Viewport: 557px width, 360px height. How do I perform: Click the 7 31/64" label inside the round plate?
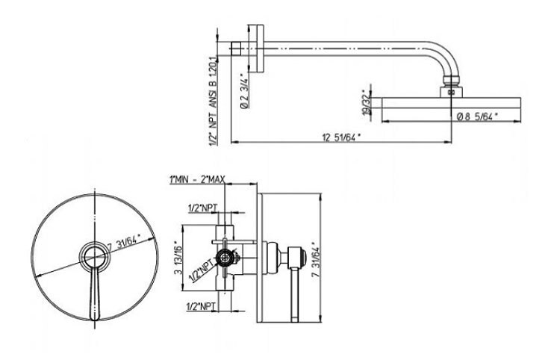[x=119, y=240]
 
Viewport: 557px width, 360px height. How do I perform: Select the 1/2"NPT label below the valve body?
[x=201, y=305]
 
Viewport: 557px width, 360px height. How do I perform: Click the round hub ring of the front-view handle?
[x=93, y=254]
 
